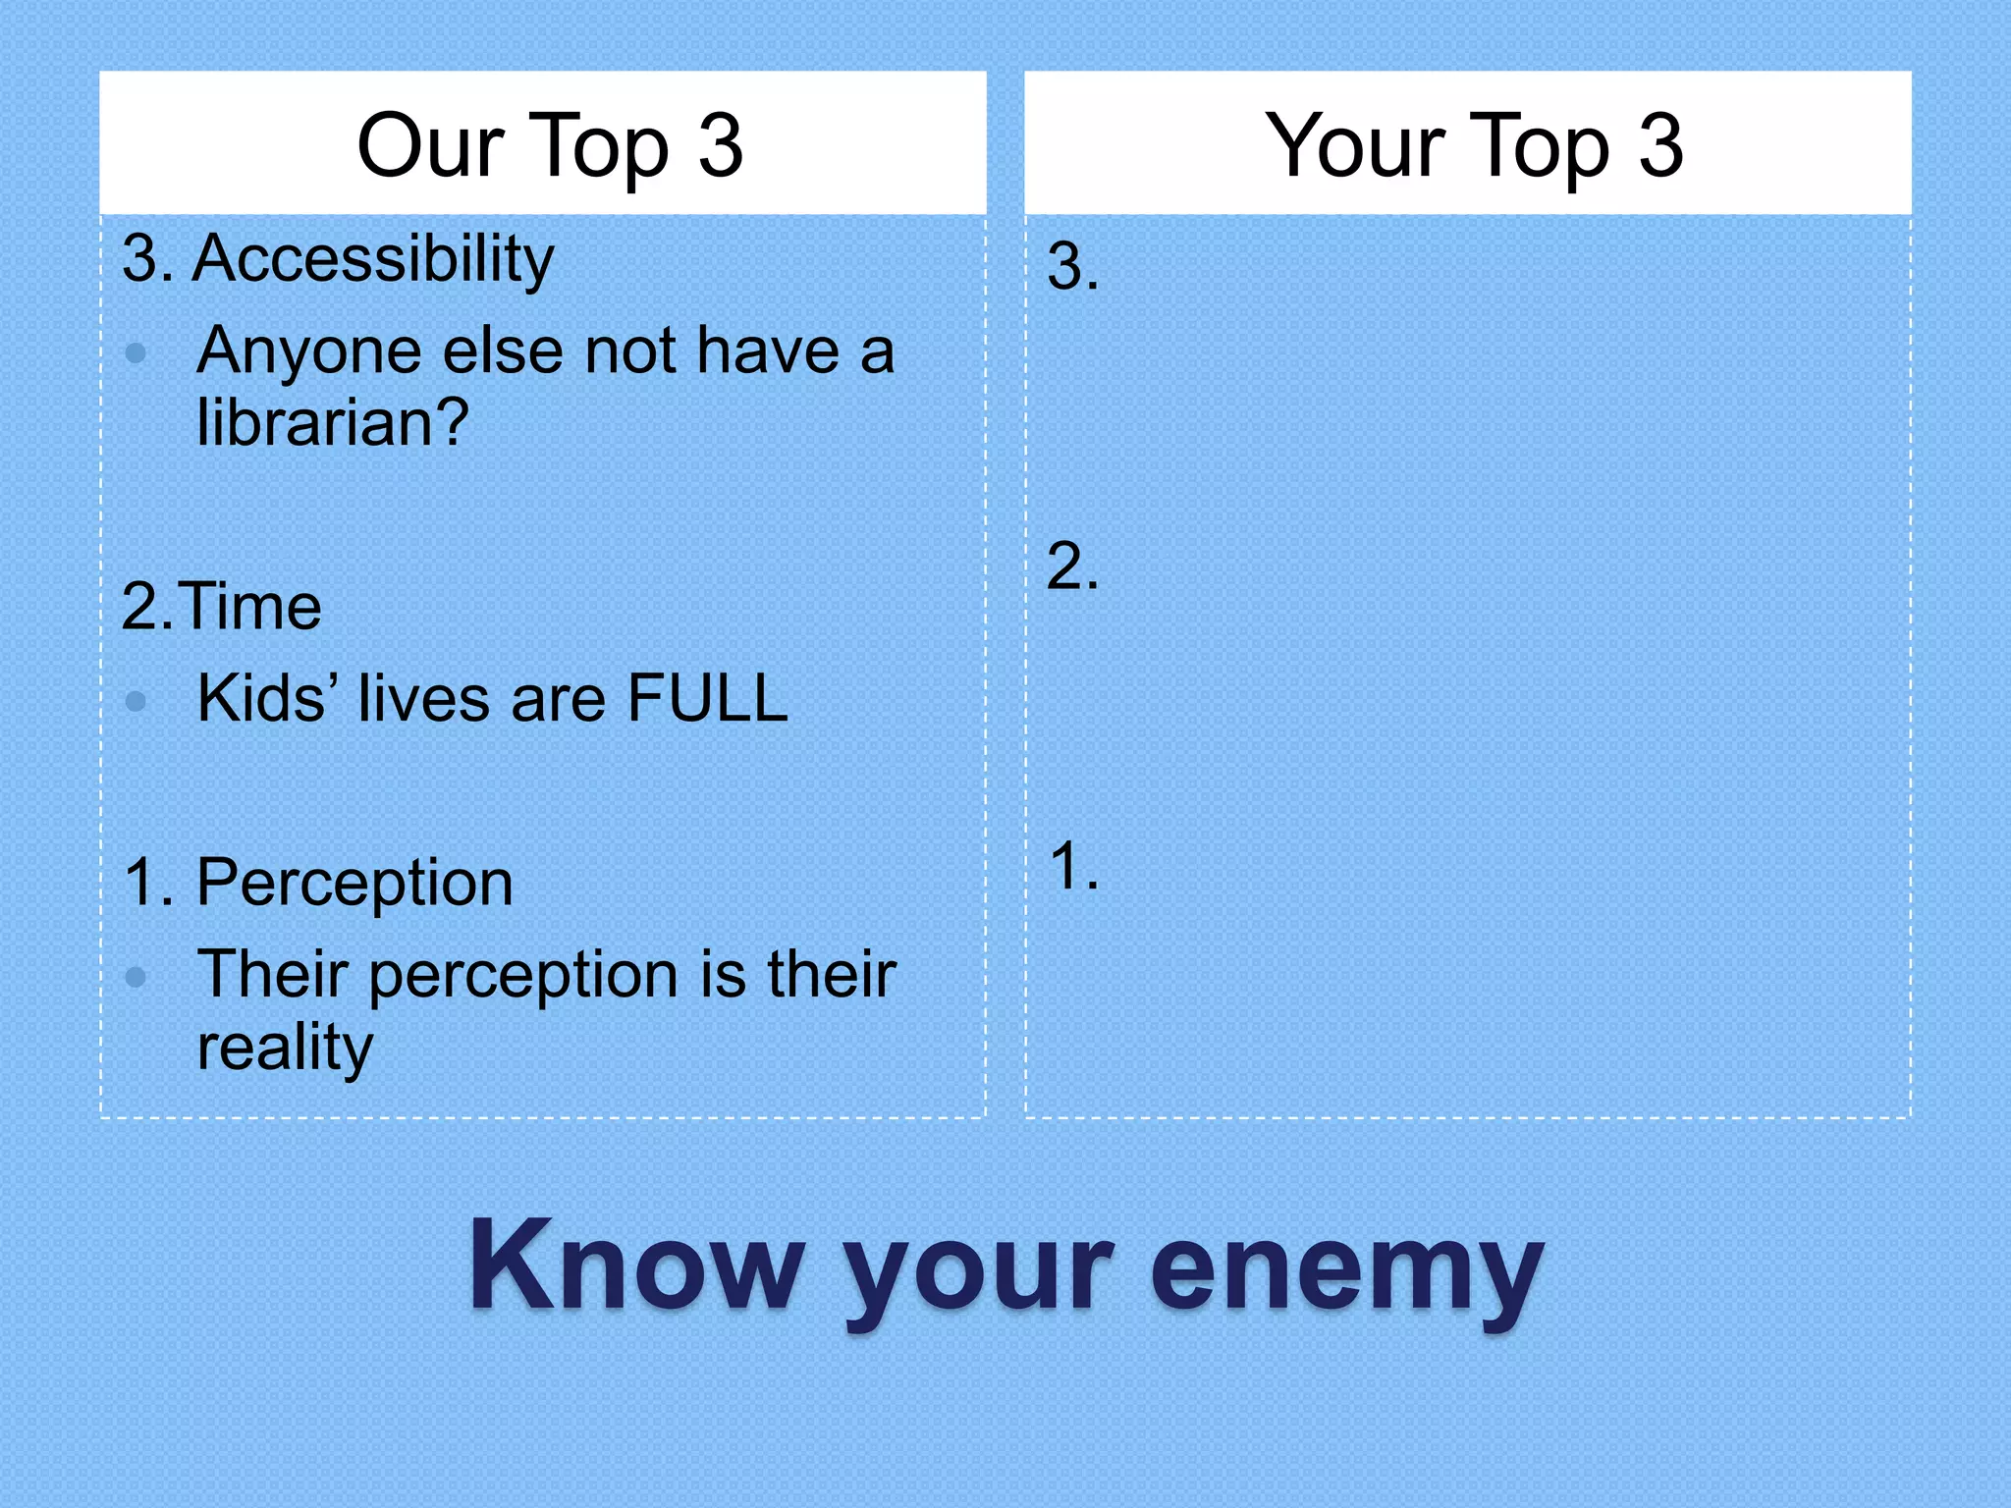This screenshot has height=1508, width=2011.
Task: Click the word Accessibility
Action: [373, 259]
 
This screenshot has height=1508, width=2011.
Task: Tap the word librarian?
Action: [333, 423]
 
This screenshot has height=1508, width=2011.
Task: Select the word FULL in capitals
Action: [707, 698]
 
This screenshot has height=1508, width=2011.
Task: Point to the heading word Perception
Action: [354, 882]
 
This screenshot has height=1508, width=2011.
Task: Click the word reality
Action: [285, 1048]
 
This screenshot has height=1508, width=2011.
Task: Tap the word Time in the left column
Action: [251, 606]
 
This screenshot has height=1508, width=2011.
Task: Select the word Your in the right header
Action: [1354, 146]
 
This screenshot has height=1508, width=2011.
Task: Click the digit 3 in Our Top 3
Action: [720, 146]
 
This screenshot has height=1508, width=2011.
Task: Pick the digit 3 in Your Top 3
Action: [1660, 146]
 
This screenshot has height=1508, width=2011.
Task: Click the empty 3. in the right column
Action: [1072, 266]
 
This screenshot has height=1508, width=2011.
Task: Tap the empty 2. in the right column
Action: [1072, 566]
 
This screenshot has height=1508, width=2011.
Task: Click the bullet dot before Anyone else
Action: [136, 352]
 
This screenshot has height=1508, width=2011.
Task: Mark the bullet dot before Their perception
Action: [136, 977]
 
